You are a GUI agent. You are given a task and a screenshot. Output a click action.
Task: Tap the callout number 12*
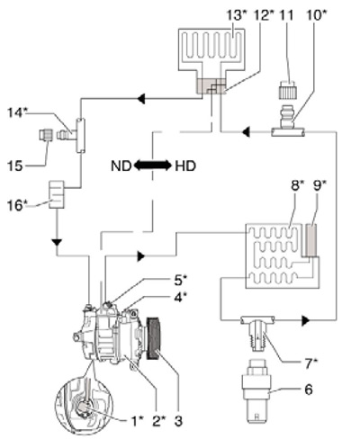264,14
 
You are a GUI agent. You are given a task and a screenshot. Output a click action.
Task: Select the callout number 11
286,14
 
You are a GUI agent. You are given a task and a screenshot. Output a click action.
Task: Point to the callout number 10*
317,14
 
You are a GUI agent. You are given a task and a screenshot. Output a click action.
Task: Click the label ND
121,166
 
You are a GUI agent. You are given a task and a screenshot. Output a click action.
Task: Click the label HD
185,166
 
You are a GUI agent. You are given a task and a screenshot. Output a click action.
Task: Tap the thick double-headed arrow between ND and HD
153,166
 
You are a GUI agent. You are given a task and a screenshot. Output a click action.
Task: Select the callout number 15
15,166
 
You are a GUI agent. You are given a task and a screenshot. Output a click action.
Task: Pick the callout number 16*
15,206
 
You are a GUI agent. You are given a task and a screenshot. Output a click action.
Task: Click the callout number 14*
17,113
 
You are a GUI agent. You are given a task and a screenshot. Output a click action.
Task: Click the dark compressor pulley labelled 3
154,338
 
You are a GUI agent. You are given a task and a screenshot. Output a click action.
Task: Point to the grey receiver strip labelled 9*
311,240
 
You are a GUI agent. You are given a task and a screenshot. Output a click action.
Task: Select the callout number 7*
310,363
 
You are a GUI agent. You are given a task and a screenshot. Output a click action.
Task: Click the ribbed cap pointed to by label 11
288,89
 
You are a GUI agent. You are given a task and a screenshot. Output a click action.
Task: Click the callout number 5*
180,280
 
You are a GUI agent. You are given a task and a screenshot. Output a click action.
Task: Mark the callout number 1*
137,421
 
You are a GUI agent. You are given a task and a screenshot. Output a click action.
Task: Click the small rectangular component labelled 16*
57,194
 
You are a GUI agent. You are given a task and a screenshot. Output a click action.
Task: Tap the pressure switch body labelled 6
256,394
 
